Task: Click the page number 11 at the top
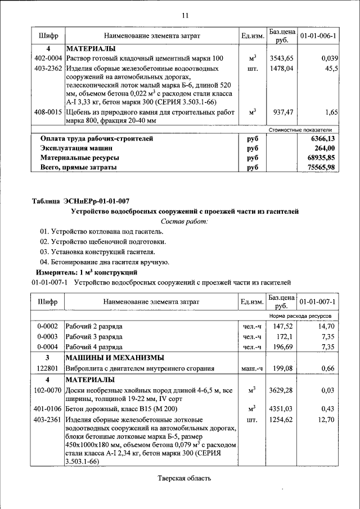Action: pyautogui.click(x=184, y=15)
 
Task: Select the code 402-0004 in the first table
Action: pyautogui.click(x=48, y=58)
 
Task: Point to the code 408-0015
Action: pyautogui.click(x=48, y=112)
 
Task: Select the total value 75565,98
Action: pyautogui.click(x=323, y=168)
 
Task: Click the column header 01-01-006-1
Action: pyautogui.click(x=318, y=36)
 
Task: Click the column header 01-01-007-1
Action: pyautogui.click(x=318, y=302)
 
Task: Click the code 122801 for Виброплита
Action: pyautogui.click(x=48, y=369)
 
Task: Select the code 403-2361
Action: pyautogui.click(x=48, y=419)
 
